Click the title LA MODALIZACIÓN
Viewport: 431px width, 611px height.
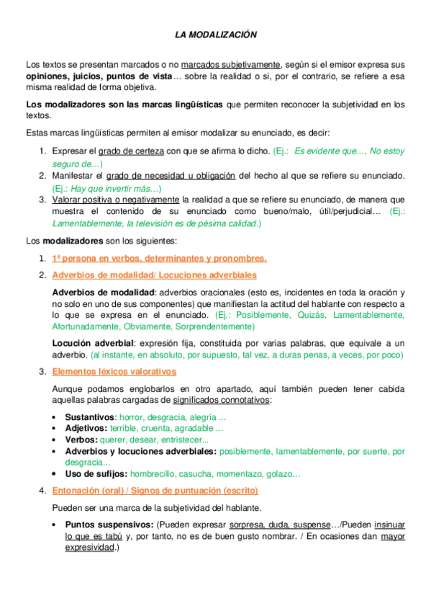(x=216, y=34)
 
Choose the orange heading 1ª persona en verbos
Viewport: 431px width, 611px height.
(x=159, y=258)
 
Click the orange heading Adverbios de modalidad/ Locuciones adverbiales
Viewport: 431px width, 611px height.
(x=154, y=275)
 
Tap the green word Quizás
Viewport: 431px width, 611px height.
(x=296, y=315)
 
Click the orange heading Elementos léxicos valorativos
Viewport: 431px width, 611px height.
(x=114, y=371)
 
